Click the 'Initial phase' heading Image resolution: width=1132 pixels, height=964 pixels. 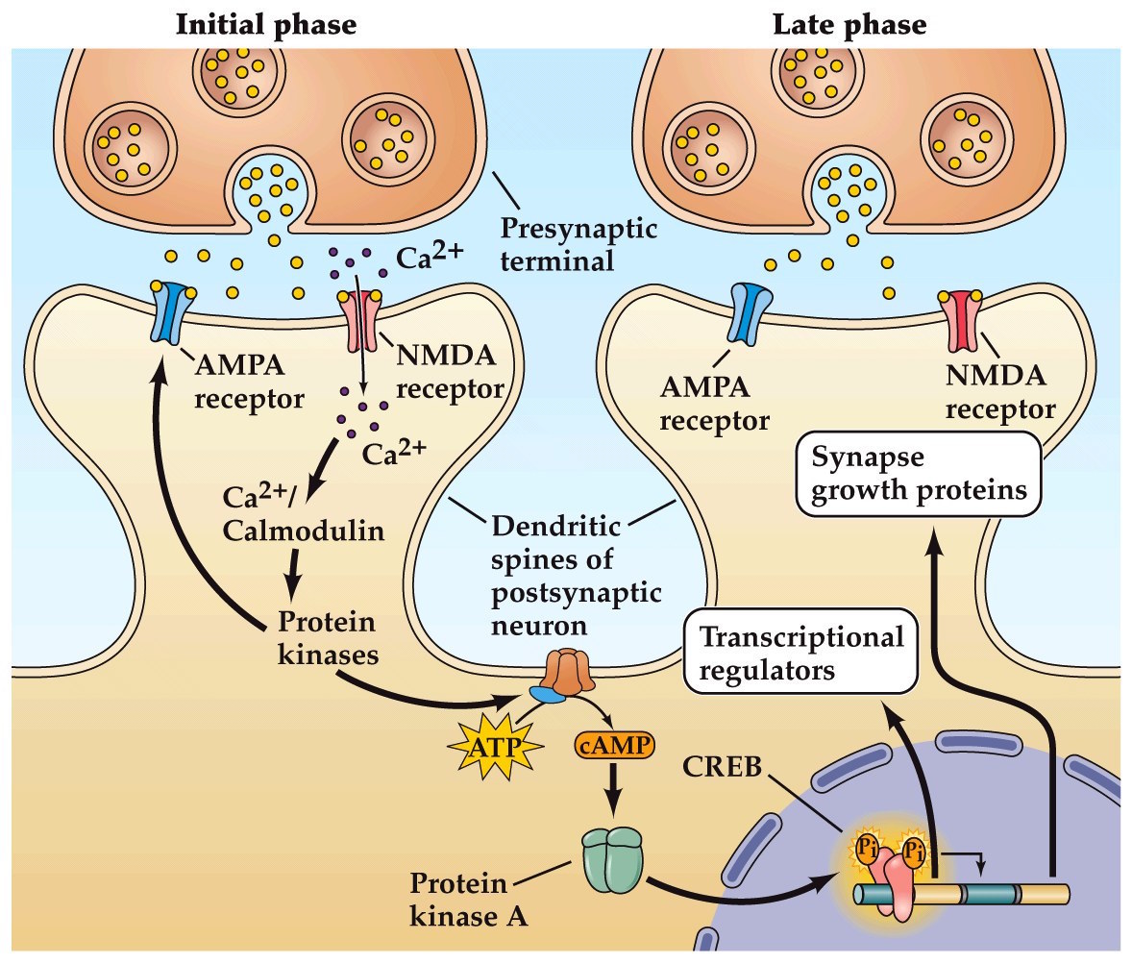pyautogui.click(x=265, y=23)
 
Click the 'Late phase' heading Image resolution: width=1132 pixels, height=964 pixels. pyautogui.click(x=849, y=23)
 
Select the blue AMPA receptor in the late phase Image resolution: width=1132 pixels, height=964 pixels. pyautogui.click(x=751, y=313)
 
